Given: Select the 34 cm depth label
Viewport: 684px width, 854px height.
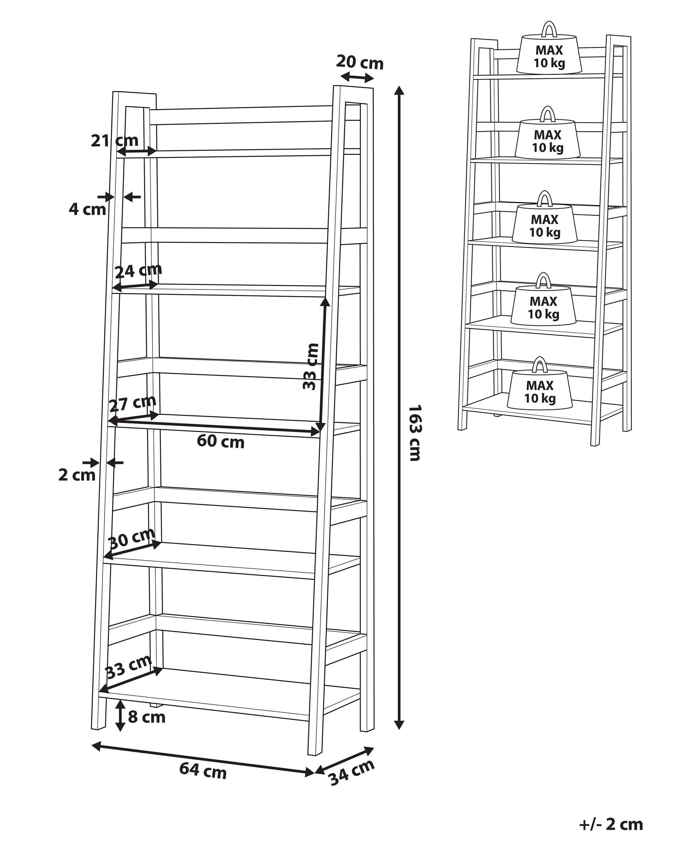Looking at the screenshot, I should pos(351,772).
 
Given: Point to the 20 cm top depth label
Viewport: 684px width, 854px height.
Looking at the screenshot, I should pos(360,62).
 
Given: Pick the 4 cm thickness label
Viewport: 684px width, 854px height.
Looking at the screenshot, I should pos(87,209).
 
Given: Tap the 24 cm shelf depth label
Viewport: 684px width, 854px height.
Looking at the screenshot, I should pos(138,270).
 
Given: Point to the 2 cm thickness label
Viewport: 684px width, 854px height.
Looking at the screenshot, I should pos(77,475).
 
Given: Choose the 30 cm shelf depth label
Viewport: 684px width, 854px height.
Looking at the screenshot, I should pos(131,537).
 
